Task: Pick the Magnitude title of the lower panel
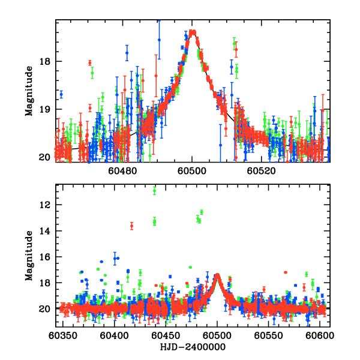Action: coord(28,256)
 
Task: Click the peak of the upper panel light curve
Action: coord(193,32)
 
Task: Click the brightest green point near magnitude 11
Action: coord(155,191)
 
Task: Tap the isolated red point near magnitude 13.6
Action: coord(132,226)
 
